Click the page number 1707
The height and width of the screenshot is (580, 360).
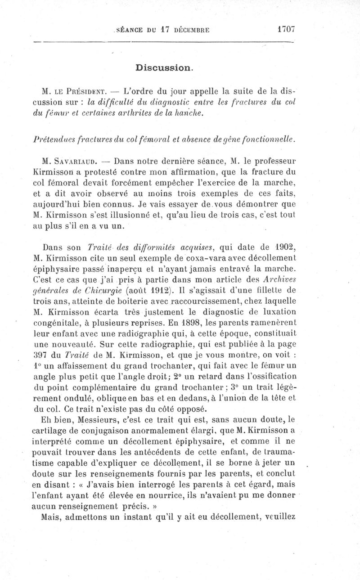tap(286, 30)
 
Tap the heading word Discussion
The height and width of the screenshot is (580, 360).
tap(164, 68)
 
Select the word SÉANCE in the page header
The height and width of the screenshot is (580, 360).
tap(130, 30)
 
